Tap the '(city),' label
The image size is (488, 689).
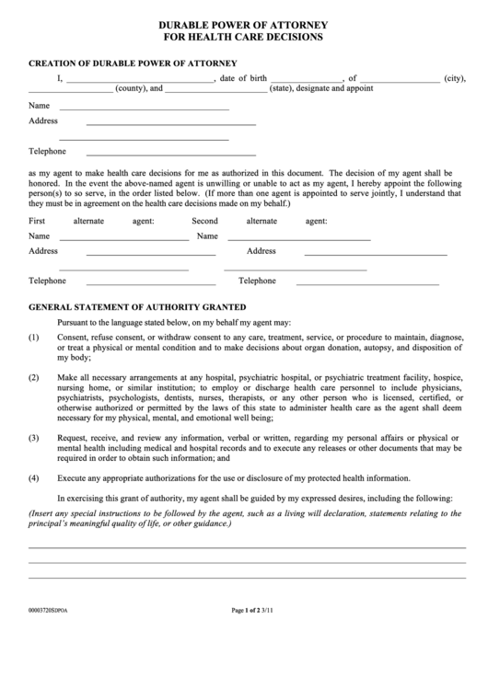(x=454, y=78)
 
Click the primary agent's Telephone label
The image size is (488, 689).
(x=47, y=151)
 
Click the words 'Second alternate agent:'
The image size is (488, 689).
(x=259, y=221)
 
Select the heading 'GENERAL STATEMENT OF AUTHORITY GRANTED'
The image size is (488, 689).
(x=137, y=306)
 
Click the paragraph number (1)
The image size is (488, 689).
(x=34, y=338)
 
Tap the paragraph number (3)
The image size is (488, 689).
(x=34, y=438)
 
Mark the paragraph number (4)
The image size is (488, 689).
(x=34, y=477)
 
